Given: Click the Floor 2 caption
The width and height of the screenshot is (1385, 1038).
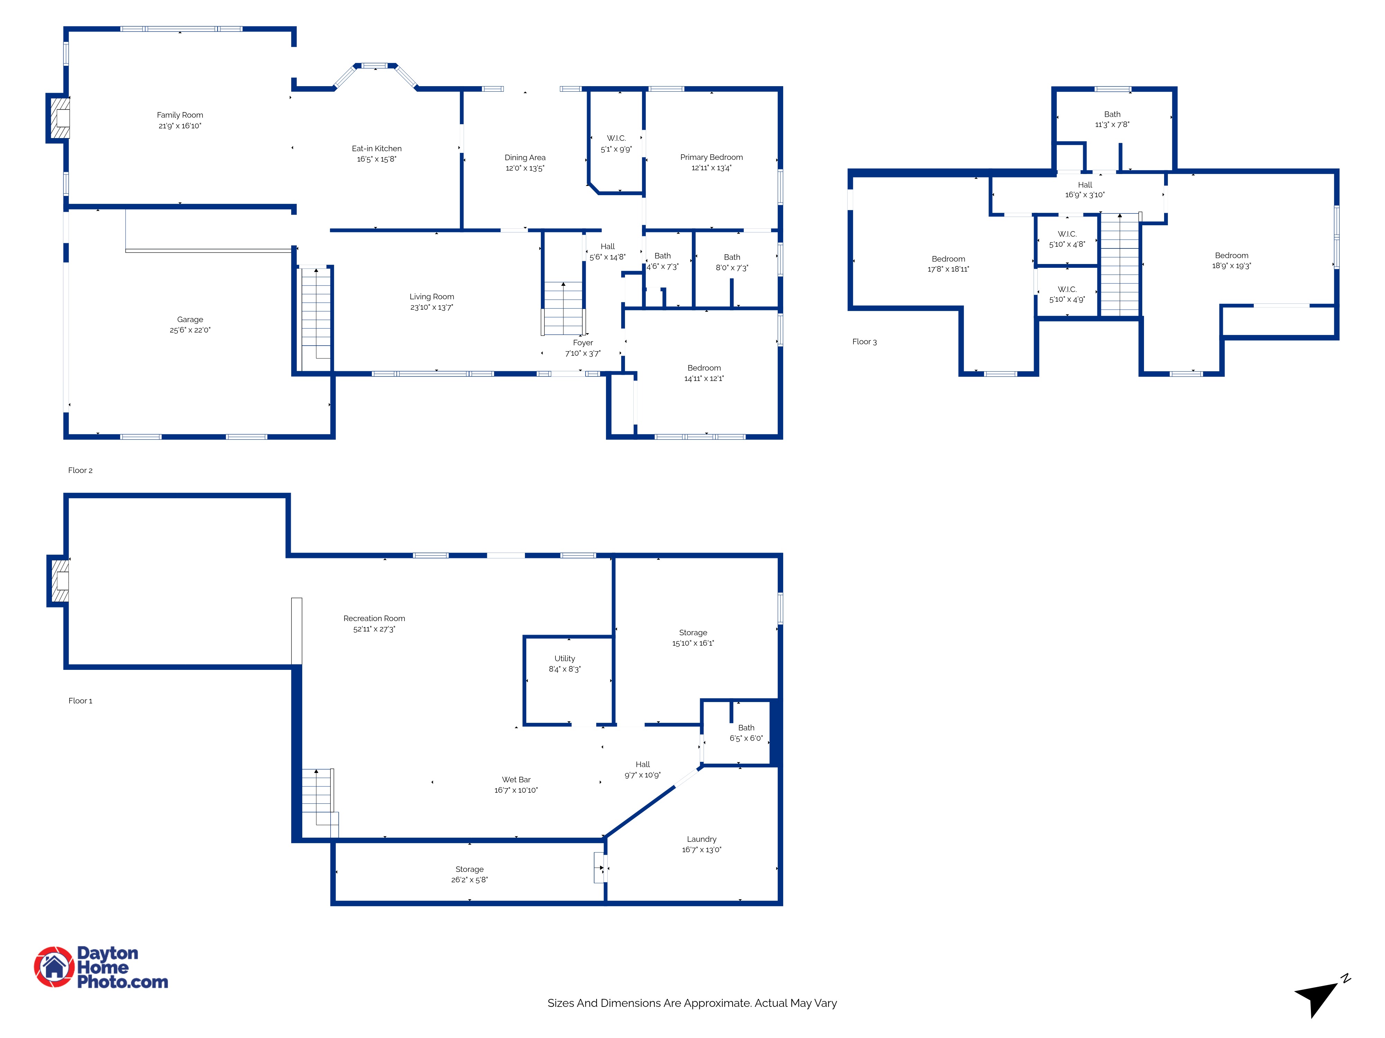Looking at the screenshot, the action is [80, 471].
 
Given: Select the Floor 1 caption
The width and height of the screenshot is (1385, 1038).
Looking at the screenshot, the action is [80, 701].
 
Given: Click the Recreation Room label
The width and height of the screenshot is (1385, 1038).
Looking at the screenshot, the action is [374, 619].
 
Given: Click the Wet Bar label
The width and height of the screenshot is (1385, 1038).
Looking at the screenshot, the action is [516, 780].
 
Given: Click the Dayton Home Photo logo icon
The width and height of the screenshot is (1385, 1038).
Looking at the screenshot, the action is [54, 967].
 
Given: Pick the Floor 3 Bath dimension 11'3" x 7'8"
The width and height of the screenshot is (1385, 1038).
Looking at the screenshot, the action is [1112, 125].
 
